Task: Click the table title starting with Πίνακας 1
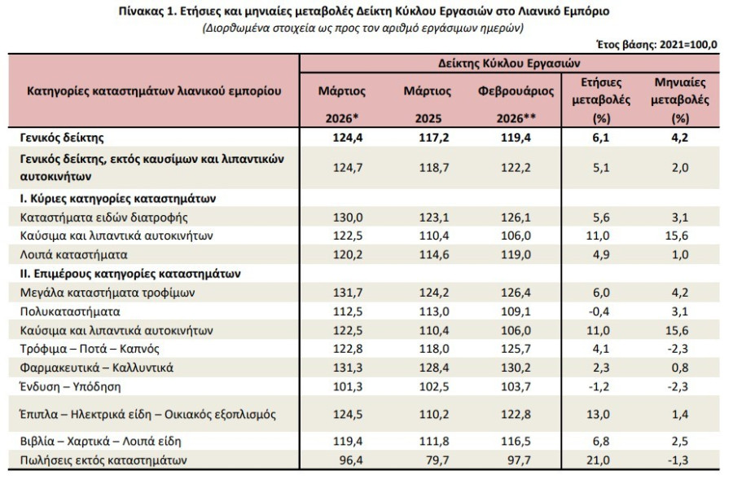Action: tap(364, 11)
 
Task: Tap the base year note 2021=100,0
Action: tap(688, 45)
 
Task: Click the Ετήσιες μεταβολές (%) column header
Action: tap(601, 100)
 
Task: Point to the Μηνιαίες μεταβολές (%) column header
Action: tap(680, 100)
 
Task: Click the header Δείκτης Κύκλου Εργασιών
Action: tap(509, 64)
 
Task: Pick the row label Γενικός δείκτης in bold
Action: tap(62, 138)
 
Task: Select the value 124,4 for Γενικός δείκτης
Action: tap(347, 138)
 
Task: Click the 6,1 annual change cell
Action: tap(601, 138)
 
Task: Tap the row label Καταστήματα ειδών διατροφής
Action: tap(103, 218)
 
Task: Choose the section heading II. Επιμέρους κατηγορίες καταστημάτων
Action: tap(130, 273)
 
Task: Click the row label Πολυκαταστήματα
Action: tap(70, 311)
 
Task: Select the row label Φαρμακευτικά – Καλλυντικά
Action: tap(96, 368)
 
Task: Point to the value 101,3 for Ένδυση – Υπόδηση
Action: tap(347, 387)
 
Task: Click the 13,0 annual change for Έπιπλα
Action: tap(598, 415)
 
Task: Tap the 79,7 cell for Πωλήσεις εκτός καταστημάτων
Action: tap(438, 460)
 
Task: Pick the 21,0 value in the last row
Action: tap(598, 460)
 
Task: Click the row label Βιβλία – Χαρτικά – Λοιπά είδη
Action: tap(100, 441)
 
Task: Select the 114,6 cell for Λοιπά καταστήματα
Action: tap(434, 255)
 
